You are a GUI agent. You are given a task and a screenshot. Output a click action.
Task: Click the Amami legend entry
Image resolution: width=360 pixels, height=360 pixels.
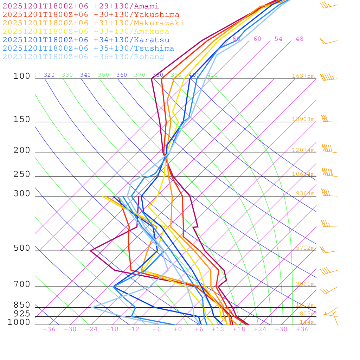[x=81, y=6]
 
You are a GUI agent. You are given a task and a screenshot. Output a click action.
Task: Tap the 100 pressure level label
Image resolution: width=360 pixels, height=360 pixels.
[x=22, y=76]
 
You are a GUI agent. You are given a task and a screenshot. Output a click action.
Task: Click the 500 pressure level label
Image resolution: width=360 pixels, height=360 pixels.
[x=22, y=248]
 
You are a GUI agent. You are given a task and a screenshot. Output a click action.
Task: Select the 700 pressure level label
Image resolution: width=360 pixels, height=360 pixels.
[x=22, y=284]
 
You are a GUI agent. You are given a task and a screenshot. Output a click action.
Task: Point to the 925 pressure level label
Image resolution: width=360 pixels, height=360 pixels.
[x=22, y=314]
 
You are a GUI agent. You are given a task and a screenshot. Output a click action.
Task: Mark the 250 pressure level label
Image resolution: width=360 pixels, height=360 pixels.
[x=22, y=174]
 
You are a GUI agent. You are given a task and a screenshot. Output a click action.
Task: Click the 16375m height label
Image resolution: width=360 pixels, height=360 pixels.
[x=303, y=76]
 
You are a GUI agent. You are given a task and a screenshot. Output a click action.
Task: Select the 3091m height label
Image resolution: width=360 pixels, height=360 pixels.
[x=305, y=284]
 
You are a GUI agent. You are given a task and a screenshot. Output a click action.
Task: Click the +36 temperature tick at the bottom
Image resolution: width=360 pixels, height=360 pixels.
[x=302, y=329]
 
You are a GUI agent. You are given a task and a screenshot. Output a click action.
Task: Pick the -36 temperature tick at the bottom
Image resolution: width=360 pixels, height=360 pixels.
[x=49, y=329]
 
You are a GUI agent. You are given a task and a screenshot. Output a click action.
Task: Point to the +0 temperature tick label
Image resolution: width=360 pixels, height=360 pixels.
[x=178, y=329]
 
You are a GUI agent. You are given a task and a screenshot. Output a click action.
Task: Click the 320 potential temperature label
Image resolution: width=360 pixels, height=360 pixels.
[x=49, y=75]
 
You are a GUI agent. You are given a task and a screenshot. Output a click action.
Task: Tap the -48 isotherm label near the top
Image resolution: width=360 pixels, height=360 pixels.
[x=297, y=39]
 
